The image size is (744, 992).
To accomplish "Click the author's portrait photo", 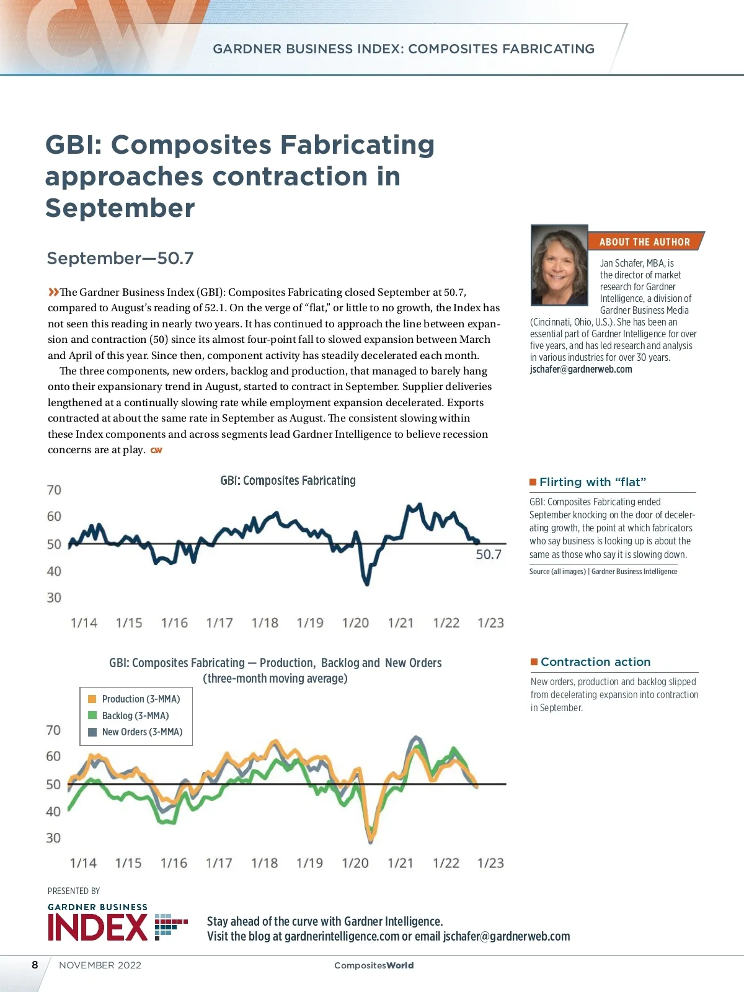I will click(559, 265).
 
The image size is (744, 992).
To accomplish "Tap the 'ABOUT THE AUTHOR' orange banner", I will click(644, 242).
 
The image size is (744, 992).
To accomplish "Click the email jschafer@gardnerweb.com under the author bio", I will click(581, 370).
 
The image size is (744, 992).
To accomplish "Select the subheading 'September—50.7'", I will click(120, 258).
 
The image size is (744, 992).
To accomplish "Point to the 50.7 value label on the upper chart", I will click(488, 554).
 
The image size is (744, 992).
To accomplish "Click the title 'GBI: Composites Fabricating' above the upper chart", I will click(288, 480).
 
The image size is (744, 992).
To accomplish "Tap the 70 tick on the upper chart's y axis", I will click(55, 490).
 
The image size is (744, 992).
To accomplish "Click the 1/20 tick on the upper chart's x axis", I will click(355, 623).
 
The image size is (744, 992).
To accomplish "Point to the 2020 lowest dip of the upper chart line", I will click(367, 583).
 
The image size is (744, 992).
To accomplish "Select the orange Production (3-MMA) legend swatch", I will click(92, 699).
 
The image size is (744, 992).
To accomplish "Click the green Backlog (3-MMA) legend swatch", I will click(92, 715).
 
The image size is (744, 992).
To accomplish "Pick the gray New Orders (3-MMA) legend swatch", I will click(92, 732).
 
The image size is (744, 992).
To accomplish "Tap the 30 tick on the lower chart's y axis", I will click(53, 838).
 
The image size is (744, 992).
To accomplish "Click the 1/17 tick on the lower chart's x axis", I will click(219, 863).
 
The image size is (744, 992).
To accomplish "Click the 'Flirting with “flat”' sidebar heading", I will click(593, 482).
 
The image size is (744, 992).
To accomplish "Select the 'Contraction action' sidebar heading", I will click(595, 662).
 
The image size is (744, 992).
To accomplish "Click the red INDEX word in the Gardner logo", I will click(97, 928).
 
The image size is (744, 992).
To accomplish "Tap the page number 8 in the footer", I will click(35, 965).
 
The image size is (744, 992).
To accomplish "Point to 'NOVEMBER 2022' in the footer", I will click(100, 965).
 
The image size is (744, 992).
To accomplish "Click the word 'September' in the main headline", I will click(120, 208).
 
